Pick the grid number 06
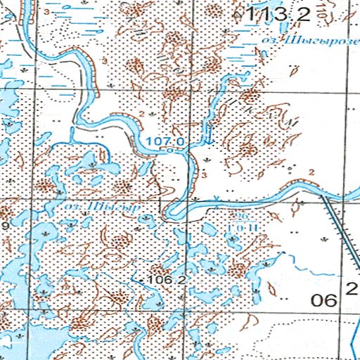click(324, 300)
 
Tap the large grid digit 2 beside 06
click(352, 288)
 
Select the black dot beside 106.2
click(143, 281)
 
